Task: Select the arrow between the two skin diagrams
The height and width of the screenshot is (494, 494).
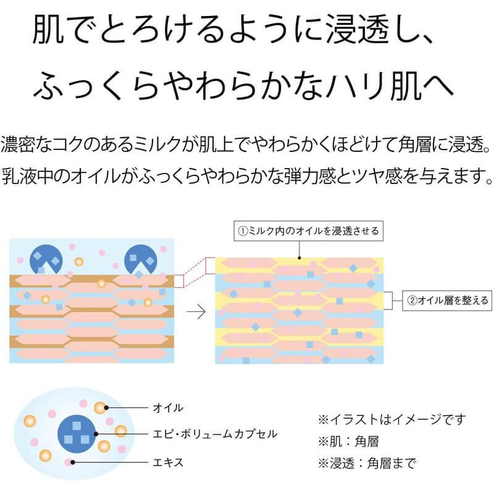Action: [x=196, y=311]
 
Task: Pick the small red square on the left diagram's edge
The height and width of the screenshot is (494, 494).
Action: [x=179, y=281]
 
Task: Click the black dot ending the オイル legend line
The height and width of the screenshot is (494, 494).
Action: [x=106, y=408]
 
